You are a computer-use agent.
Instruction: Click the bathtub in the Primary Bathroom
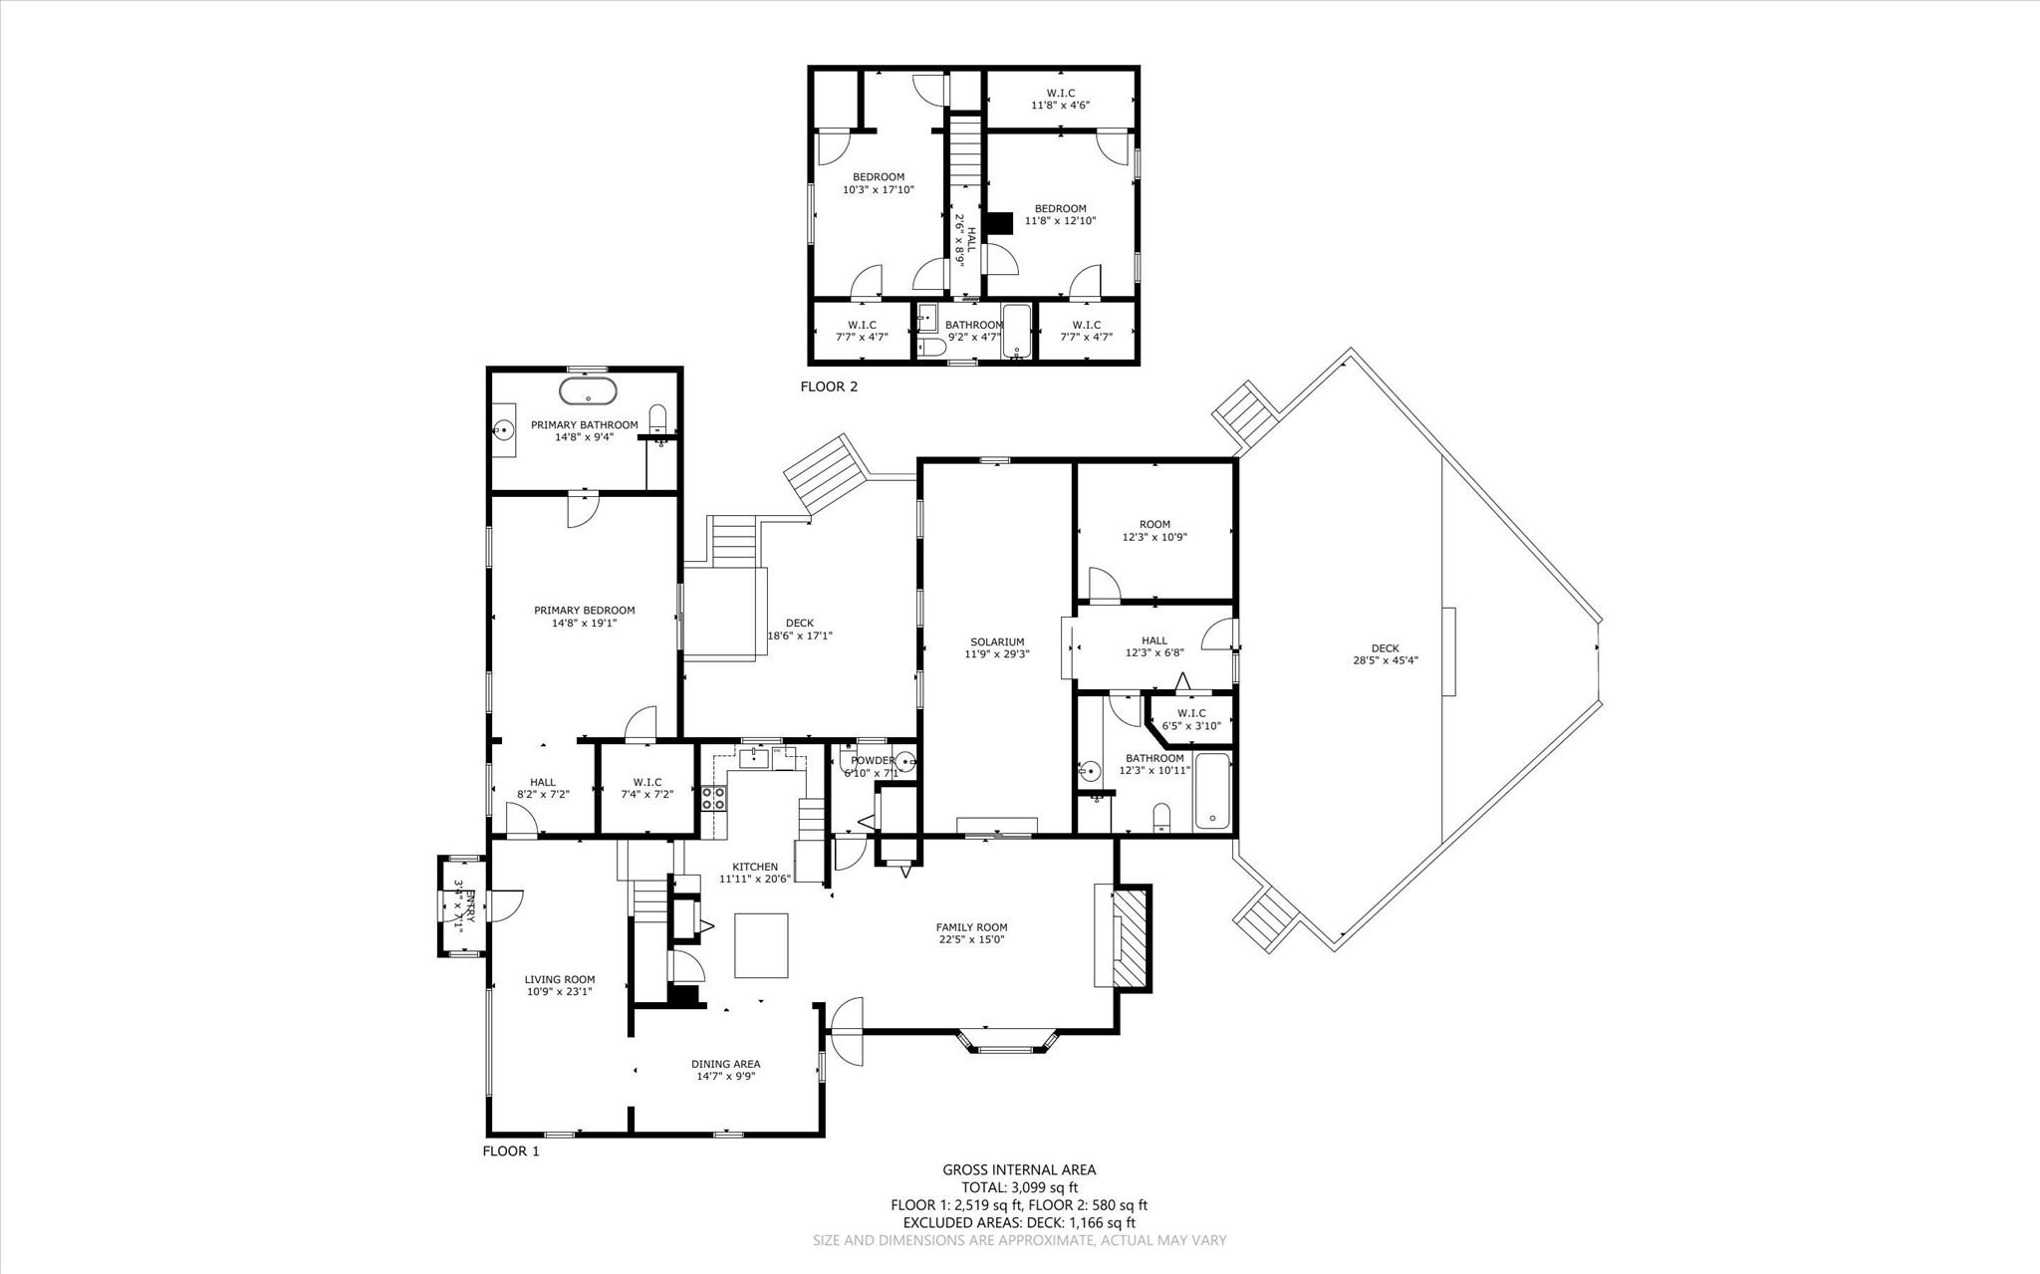tap(588, 390)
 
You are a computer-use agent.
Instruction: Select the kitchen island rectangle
tap(761, 945)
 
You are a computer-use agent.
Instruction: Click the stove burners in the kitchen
tap(713, 797)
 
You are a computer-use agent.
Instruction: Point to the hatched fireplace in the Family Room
tap(1131, 937)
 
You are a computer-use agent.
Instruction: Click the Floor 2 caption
tap(829, 386)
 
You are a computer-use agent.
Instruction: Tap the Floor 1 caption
tap(511, 1150)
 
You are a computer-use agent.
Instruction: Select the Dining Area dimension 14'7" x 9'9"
tap(726, 1076)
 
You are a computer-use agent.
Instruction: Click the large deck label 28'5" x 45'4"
tap(1385, 660)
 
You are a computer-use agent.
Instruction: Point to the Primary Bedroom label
tap(584, 611)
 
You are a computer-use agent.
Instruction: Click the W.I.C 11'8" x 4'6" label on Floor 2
tap(1060, 104)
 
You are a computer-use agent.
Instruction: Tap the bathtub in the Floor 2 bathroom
tap(1017, 331)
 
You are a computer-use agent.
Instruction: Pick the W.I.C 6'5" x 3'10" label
tap(1191, 719)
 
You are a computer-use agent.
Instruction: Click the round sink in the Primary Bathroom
tap(505, 430)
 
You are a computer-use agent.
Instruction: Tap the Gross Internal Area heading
tap(1019, 1170)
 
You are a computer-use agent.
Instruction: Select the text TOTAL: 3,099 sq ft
tap(1019, 1187)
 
